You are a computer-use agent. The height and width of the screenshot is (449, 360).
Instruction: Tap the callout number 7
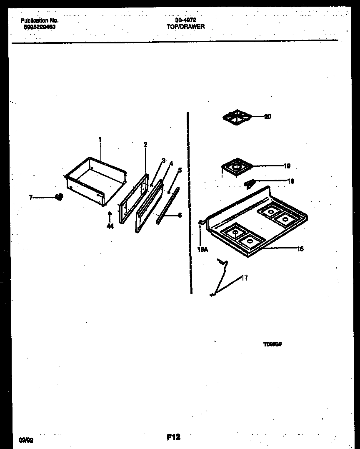pyautogui.click(x=31, y=197)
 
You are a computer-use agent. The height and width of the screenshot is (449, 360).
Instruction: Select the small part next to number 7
pyautogui.click(x=59, y=197)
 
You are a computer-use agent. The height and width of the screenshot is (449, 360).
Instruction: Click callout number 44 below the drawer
pyautogui.click(x=110, y=226)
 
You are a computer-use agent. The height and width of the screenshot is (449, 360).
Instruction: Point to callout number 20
pyautogui.click(x=267, y=117)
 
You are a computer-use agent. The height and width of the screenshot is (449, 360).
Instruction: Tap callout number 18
pyautogui.click(x=291, y=181)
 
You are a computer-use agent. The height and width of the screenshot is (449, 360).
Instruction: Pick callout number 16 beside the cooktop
pyautogui.click(x=300, y=248)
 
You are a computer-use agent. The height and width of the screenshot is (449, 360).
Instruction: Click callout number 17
pyautogui.click(x=245, y=278)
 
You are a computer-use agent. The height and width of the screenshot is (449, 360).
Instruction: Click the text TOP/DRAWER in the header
pyautogui.click(x=186, y=26)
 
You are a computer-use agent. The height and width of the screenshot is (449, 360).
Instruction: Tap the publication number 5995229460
pyautogui.click(x=37, y=27)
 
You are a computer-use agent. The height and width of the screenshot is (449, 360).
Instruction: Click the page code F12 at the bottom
pyautogui.click(x=173, y=437)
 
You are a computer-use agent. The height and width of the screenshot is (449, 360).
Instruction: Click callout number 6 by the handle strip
pyautogui.click(x=180, y=215)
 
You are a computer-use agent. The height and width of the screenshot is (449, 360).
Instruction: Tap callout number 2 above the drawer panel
pyautogui.click(x=145, y=145)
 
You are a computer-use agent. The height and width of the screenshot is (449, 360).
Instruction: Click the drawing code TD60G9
pyautogui.click(x=273, y=344)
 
